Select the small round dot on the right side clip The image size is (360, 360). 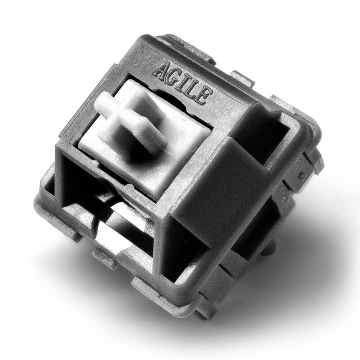point(302,176)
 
